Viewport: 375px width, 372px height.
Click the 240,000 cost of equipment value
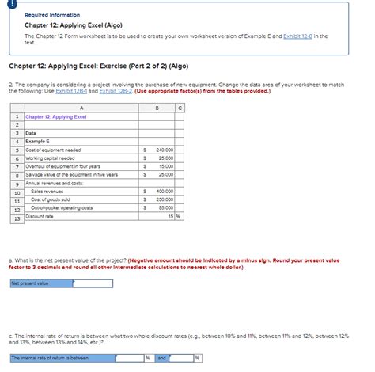click(x=165, y=149)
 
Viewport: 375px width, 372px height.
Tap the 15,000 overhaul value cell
click(x=165, y=165)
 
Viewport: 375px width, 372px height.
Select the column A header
click(x=81, y=108)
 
